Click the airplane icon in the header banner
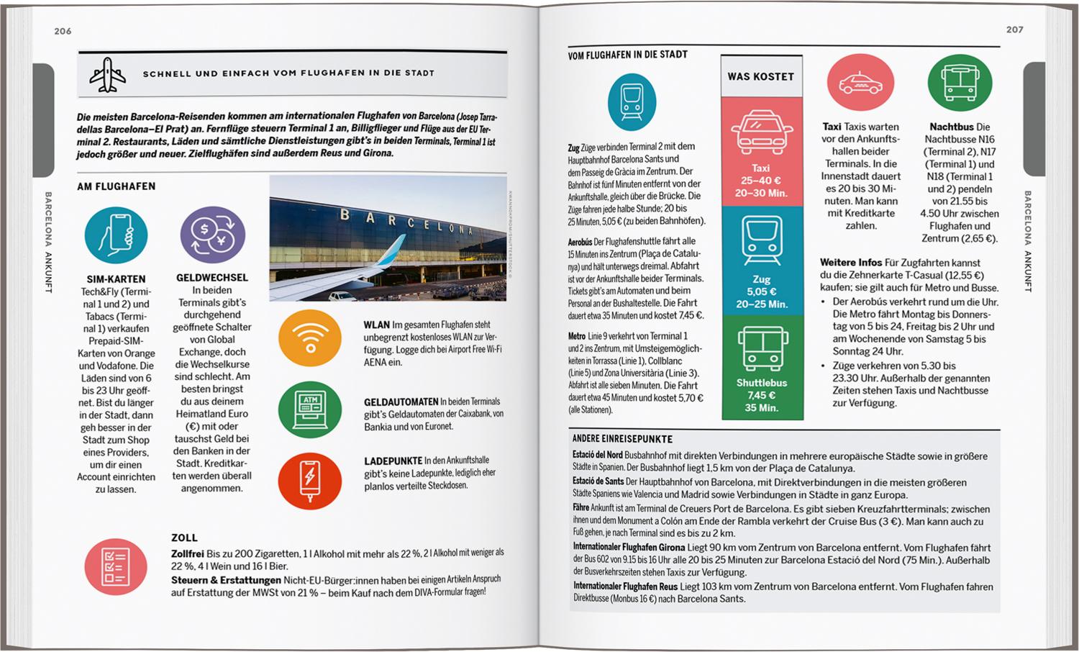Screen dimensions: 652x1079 [x=108, y=74]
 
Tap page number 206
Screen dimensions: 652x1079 [x=63, y=31]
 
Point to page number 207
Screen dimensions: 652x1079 [x=1014, y=30]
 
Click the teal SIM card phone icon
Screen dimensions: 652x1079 [x=116, y=235]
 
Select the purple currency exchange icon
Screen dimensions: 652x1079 [x=212, y=235]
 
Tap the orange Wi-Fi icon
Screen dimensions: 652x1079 [x=310, y=338]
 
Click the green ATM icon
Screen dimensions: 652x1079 [x=310, y=409]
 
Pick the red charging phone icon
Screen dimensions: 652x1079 [x=310, y=480]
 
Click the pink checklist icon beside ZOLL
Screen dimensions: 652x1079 [x=116, y=566]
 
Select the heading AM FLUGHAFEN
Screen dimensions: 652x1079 [x=117, y=186]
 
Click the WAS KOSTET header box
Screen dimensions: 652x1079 [x=761, y=76]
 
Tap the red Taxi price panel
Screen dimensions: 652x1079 [x=761, y=152]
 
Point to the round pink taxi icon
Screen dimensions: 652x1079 [x=860, y=83]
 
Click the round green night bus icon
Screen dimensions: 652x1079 [x=960, y=83]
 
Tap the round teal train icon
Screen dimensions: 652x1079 [x=632, y=101]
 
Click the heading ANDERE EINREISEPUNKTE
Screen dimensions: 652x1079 [x=622, y=439]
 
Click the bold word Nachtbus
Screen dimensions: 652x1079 [x=951, y=127]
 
